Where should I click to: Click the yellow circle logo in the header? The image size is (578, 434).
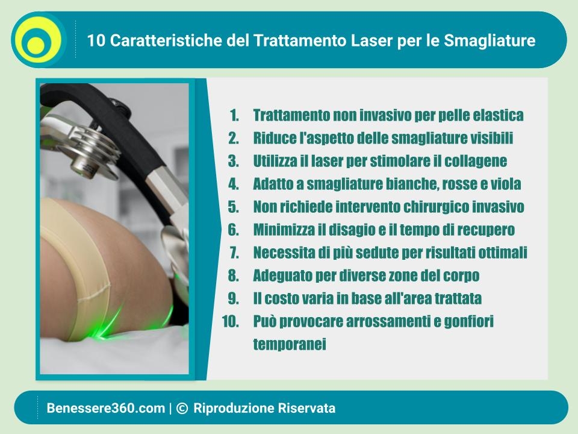point(39,40)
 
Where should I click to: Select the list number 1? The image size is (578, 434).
point(234,115)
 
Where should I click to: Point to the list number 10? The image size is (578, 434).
point(231,321)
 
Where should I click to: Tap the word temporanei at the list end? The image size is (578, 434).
point(290,344)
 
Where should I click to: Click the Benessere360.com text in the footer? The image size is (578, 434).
point(106,408)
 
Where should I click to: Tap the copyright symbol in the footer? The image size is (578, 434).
point(182,408)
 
